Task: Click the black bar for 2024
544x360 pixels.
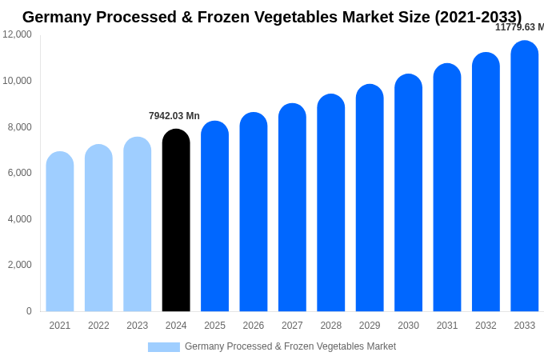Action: click(x=176, y=220)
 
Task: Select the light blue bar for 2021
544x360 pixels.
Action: click(x=60, y=231)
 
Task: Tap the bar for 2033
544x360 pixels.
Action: click(x=525, y=176)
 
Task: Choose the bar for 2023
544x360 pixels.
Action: click(x=138, y=224)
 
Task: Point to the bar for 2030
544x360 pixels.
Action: click(x=408, y=193)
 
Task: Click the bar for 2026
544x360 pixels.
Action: click(x=254, y=212)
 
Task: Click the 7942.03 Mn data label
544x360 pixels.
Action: click(x=174, y=116)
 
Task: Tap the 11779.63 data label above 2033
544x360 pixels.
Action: click(x=519, y=27)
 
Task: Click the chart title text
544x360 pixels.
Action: click(x=272, y=17)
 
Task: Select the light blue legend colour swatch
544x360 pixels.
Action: click(x=164, y=347)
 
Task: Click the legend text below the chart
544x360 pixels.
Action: click(x=290, y=346)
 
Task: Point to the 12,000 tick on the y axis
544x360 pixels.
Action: click(x=17, y=34)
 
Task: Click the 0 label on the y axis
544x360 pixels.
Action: click(x=29, y=311)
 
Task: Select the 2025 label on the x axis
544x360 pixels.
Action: click(x=214, y=326)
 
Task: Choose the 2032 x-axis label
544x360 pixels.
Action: click(x=486, y=326)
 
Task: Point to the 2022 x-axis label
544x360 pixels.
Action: click(x=98, y=326)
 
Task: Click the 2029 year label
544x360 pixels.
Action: click(x=370, y=326)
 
